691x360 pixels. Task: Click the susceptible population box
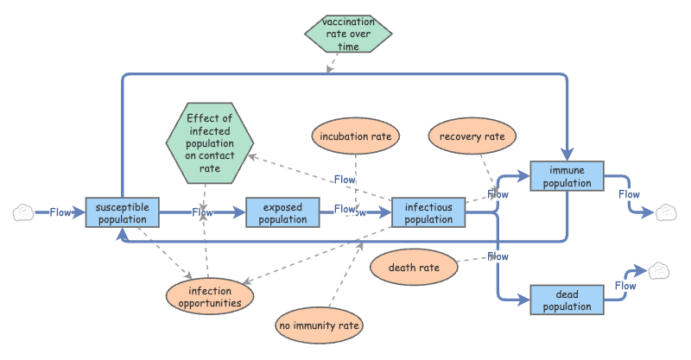(123, 212)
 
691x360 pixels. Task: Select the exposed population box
(283, 212)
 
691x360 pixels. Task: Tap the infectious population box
(429, 212)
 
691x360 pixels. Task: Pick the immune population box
(567, 176)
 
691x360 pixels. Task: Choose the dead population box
(567, 300)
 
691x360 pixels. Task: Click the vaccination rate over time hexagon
(348, 34)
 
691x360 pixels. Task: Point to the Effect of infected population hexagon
(209, 142)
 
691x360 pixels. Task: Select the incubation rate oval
(355, 136)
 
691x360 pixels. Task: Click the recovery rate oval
(472, 136)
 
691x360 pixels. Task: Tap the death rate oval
(413, 268)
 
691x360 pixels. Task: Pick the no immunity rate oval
(319, 325)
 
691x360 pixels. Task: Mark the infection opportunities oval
(210, 297)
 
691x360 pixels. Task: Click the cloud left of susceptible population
(23, 212)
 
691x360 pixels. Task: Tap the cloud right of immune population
(665, 212)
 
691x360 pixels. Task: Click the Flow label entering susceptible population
(60, 212)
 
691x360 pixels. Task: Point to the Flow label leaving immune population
(629, 194)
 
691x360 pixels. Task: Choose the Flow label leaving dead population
(625, 286)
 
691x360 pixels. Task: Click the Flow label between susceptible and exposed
(202, 212)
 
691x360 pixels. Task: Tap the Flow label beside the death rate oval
(498, 256)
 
